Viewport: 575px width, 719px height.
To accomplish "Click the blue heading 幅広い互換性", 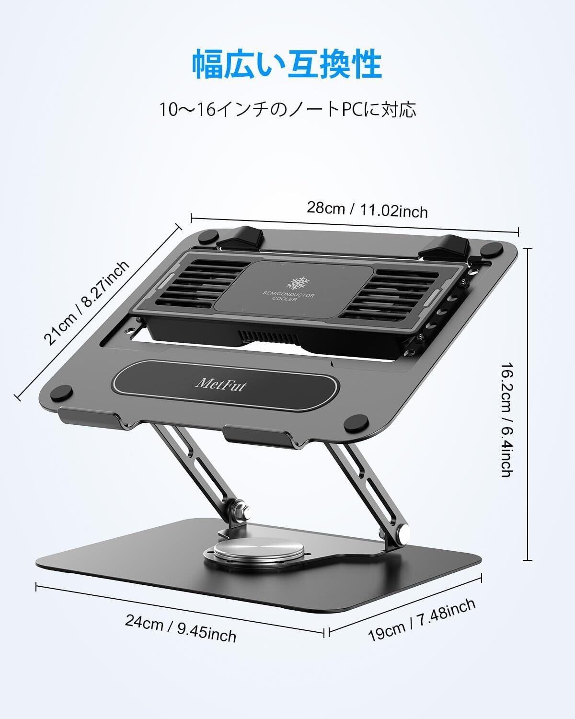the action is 287,64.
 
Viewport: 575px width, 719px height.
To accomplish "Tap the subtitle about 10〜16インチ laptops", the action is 287,109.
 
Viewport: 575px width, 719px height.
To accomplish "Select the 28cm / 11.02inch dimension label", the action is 367,210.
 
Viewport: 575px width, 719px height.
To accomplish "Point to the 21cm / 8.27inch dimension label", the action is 87,302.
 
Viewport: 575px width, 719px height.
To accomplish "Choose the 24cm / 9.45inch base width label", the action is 181,628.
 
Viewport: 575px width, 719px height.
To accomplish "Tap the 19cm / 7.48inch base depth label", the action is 422,620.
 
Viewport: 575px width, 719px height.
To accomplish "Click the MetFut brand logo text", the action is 221,384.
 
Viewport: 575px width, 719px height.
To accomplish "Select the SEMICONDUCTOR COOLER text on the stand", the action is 288,296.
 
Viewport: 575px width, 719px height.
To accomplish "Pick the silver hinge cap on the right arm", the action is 403,532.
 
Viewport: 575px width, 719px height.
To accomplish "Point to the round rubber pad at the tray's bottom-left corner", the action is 62,393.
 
